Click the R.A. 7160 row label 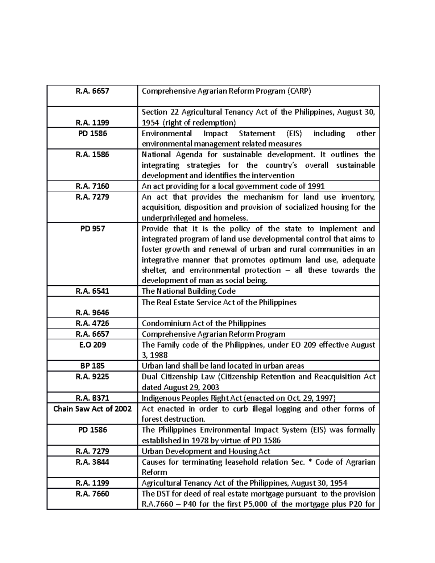tap(92, 186)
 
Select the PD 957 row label tap(92, 229)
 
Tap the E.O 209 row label tap(92, 345)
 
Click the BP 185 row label tap(92, 366)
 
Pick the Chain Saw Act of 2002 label tap(92, 409)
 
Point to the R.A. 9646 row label tap(92, 312)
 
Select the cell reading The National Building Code tap(188, 291)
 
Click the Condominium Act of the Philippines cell tap(204, 323)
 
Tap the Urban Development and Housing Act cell tap(206, 451)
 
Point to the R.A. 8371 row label tap(92, 398)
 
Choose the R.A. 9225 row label tap(92, 377)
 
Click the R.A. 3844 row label tap(92, 462)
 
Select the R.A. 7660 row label tap(92, 494)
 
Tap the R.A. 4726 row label tap(92, 323)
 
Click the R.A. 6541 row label tap(92, 291)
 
